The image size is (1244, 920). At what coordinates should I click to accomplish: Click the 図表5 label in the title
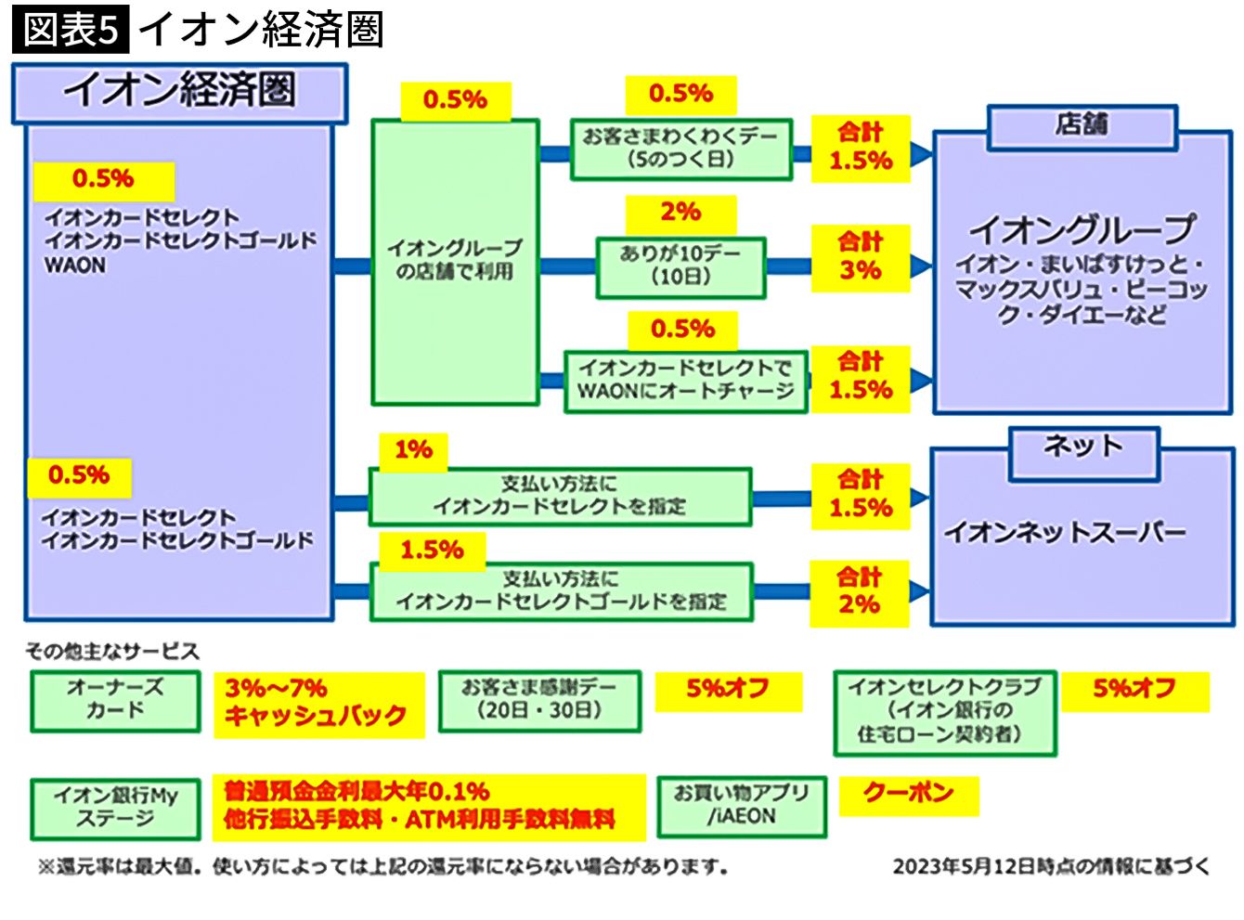click(x=71, y=30)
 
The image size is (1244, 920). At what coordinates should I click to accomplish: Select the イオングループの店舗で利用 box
click(x=455, y=261)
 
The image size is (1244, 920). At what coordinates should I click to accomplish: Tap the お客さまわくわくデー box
click(x=680, y=149)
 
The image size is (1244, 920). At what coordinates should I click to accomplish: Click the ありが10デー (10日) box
click(x=680, y=266)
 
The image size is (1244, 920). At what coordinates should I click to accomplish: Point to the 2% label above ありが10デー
click(x=680, y=213)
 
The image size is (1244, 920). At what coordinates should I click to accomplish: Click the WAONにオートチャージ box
click(x=685, y=380)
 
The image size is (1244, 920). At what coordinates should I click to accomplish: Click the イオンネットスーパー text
click(x=1065, y=533)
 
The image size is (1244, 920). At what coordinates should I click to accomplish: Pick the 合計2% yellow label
click(x=859, y=592)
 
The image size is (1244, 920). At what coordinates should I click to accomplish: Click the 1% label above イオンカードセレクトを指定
click(x=413, y=451)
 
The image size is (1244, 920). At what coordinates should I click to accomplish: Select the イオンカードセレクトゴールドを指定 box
click(x=561, y=591)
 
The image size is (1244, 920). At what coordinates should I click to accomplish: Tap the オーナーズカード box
click(x=115, y=700)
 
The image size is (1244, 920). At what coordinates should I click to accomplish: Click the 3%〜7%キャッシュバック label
click(x=317, y=703)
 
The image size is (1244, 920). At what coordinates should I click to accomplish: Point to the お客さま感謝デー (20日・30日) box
click(x=539, y=700)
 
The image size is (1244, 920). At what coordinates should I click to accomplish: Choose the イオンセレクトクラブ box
click(x=944, y=712)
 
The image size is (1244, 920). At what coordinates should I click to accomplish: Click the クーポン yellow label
click(x=908, y=794)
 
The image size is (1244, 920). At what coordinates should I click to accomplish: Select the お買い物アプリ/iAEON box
click(x=741, y=806)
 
